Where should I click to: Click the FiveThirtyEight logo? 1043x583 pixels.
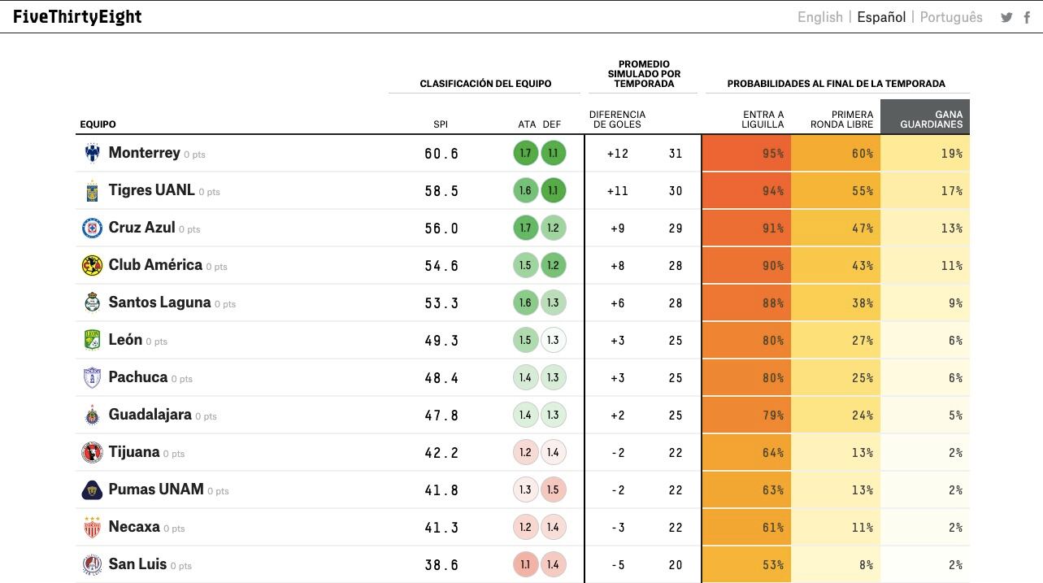[x=77, y=17]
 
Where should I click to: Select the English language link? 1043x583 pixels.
[x=819, y=17]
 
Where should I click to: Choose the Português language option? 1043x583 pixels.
[x=951, y=17]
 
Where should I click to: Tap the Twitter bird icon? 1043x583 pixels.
[x=1006, y=18]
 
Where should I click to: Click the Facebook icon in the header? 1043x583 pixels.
[x=1028, y=18]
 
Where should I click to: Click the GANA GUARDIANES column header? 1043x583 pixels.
[x=925, y=119]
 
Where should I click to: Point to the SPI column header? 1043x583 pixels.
[x=441, y=124]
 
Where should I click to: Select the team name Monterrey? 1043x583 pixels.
[x=144, y=153]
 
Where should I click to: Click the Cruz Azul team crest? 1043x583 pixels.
[x=92, y=228]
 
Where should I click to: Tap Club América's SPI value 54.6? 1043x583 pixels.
[x=441, y=266]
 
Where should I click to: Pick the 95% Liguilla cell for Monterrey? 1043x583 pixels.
[x=746, y=153]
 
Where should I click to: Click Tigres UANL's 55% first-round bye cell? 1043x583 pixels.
[x=836, y=190]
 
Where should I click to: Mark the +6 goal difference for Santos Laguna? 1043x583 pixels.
[x=617, y=303]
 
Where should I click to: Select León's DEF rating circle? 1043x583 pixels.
[x=553, y=340]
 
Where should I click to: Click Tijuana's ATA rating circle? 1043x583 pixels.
[x=525, y=452]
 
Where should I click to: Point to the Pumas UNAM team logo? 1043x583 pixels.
[x=92, y=489]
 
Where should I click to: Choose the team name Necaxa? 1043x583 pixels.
[x=134, y=527]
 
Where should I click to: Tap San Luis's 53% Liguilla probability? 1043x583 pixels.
[x=746, y=564]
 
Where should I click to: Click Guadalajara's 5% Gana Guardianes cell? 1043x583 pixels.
[x=925, y=415]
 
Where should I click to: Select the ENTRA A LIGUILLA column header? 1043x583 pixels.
[x=763, y=120]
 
